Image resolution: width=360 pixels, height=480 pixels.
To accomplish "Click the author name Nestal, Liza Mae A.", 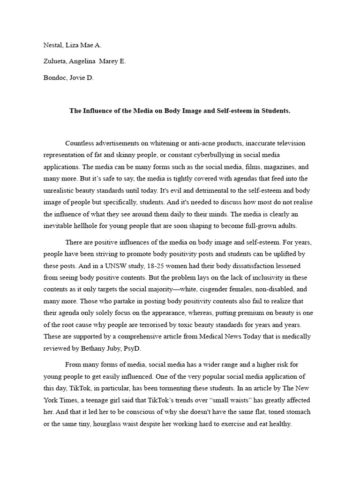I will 72,45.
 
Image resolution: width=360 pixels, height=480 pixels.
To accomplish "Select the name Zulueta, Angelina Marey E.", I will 84,61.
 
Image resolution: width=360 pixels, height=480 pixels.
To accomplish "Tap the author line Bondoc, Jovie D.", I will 68,78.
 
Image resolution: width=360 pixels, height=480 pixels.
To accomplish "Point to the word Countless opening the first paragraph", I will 80,143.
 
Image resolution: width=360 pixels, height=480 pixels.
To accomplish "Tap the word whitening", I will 157,143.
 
